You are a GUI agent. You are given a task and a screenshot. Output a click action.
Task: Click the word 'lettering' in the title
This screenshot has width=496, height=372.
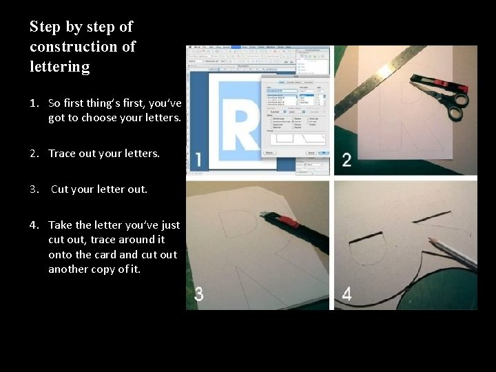(59, 67)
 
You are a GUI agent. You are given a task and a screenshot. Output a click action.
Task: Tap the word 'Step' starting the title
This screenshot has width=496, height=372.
(45, 27)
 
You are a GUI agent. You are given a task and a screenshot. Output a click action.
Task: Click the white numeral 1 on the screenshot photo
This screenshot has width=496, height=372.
(198, 160)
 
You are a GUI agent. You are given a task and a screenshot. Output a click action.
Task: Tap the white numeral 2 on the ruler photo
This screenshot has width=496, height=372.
(346, 160)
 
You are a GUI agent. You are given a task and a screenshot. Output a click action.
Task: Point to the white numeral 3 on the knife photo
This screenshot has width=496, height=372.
(198, 294)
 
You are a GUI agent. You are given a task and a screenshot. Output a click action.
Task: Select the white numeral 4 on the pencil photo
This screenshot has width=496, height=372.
(347, 294)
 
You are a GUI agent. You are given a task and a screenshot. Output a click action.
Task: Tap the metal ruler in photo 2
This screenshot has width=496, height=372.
(386, 76)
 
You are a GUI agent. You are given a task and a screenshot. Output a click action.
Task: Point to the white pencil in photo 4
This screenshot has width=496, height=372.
(451, 251)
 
